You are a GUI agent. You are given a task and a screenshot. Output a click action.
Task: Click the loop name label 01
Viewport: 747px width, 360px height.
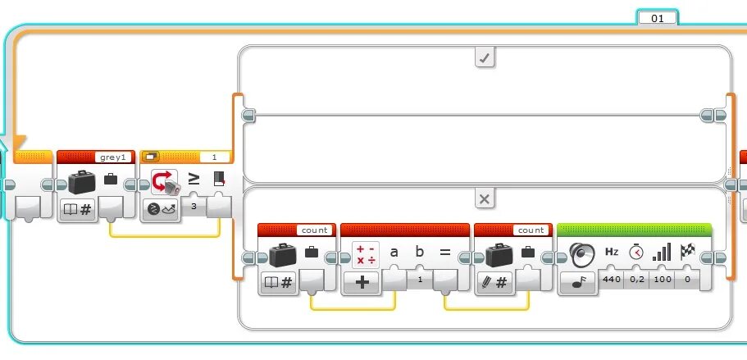tap(657, 17)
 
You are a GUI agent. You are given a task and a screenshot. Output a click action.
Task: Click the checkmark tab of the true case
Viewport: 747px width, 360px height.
tap(485, 57)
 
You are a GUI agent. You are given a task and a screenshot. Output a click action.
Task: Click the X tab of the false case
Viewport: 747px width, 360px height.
tap(485, 199)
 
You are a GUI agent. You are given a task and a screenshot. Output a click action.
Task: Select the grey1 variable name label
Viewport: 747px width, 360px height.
tap(112, 157)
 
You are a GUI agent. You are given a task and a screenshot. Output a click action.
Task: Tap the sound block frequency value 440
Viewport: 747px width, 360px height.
tap(612, 280)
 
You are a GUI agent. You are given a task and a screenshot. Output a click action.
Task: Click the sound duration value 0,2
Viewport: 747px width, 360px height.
tap(636, 280)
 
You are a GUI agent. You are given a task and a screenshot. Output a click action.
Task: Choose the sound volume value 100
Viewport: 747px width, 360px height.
tap(662, 280)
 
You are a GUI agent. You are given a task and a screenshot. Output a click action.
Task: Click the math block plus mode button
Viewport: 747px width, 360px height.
tap(361, 283)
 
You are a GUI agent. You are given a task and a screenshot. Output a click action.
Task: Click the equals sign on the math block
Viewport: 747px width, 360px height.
tap(445, 253)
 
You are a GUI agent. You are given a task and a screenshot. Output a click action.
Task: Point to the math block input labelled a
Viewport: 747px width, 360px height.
tap(394, 253)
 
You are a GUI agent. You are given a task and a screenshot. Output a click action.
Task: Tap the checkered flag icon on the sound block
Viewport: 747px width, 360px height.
tap(687, 253)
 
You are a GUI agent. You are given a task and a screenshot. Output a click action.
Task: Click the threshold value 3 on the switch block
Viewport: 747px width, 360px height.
tap(193, 207)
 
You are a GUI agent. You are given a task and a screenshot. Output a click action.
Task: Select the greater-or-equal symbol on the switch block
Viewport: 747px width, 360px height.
tap(194, 178)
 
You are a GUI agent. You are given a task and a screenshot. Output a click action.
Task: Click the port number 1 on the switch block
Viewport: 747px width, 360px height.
tap(215, 157)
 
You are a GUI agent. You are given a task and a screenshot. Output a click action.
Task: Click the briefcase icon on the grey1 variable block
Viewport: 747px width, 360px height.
tap(80, 183)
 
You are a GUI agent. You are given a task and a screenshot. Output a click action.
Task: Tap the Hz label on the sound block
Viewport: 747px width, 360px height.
tap(612, 253)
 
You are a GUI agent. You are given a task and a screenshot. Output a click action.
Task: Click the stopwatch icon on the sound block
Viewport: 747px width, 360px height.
tap(636, 253)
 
